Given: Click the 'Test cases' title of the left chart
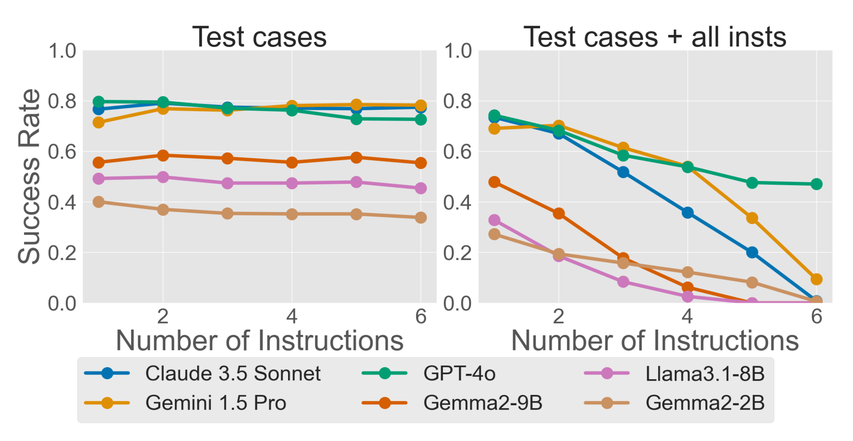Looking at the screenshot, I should pyautogui.click(x=259, y=37).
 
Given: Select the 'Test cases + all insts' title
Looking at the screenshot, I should pyautogui.click(x=655, y=37).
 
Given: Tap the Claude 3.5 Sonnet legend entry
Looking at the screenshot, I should pyautogui.click(x=232, y=373).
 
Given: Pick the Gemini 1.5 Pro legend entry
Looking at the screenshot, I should pyautogui.click(x=216, y=403).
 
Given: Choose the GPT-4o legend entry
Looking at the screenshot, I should pyautogui.click(x=459, y=373).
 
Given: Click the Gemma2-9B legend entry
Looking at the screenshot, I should pyautogui.click(x=482, y=403).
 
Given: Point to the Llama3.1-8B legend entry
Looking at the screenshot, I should pyautogui.click(x=705, y=373).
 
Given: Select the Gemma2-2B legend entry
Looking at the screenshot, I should pyautogui.click(x=705, y=403).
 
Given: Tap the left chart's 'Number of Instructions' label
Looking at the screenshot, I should pyautogui.click(x=260, y=340).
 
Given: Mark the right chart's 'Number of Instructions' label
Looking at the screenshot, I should pyautogui.click(x=655, y=340).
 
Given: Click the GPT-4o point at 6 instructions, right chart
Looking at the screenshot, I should pyautogui.click(x=817, y=184).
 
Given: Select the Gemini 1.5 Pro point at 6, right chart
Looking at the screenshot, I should pyautogui.click(x=817, y=279).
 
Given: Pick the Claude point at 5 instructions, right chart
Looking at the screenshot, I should pyautogui.click(x=752, y=252).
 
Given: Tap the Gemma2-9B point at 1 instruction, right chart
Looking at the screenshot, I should pyautogui.click(x=494, y=182).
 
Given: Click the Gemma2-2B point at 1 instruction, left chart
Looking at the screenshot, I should pyautogui.click(x=99, y=202).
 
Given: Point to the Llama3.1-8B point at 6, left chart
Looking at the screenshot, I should pyautogui.click(x=421, y=188).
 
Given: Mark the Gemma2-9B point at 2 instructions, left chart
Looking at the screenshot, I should pyautogui.click(x=163, y=156).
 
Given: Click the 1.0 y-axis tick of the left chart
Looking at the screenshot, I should pyautogui.click(x=62, y=51).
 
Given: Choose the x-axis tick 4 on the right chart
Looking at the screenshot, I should pyautogui.click(x=687, y=316).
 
